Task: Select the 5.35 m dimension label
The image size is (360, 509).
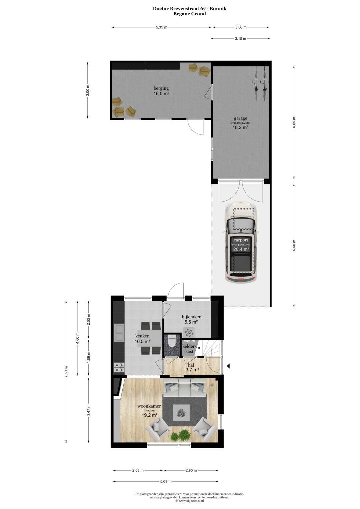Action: click(161, 27)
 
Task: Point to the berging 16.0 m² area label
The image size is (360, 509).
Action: click(161, 91)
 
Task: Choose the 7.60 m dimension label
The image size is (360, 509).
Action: click(66, 372)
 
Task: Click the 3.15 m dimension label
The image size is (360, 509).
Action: click(240, 38)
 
